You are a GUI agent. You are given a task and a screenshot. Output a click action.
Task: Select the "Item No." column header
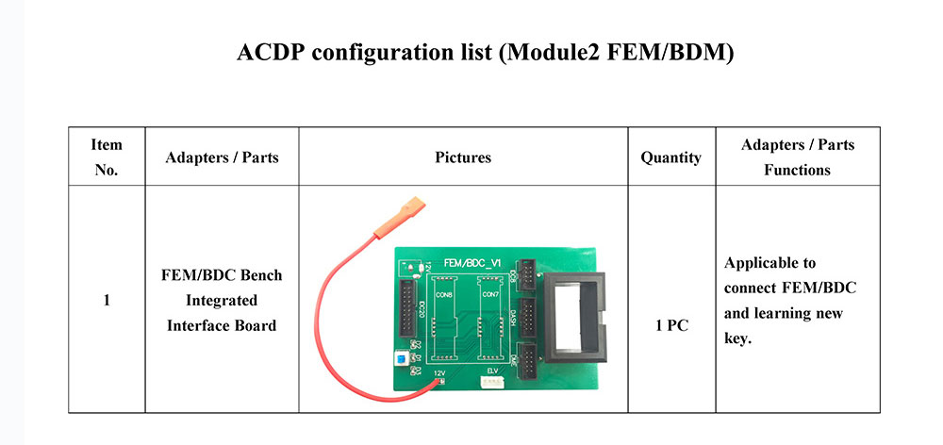107,157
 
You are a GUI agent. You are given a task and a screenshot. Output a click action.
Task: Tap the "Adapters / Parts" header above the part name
222,157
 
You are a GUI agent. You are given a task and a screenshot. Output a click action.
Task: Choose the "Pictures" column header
463,157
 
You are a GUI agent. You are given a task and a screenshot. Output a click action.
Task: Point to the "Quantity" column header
670,157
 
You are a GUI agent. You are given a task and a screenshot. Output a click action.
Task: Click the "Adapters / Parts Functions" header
797,157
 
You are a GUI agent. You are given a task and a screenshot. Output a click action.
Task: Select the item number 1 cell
107,301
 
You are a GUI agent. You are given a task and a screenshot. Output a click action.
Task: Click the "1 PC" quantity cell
670,325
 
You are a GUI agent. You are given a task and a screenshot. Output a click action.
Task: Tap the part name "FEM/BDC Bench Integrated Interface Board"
222,300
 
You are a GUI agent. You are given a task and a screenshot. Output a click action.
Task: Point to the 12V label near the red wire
439,373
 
